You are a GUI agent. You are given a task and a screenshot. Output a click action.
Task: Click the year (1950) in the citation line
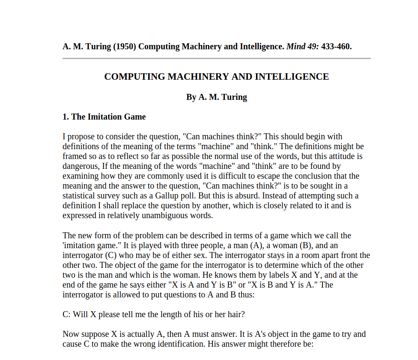pyautogui.click(x=125, y=46)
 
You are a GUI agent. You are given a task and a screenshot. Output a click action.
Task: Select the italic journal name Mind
pyautogui.click(x=296, y=46)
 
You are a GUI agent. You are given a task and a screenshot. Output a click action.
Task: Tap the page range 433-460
pyautogui.click(x=336, y=46)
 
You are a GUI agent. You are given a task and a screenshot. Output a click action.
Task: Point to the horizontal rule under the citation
pyautogui.click(x=216, y=58)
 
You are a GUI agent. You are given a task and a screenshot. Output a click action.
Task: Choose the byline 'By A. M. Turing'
pyautogui.click(x=216, y=97)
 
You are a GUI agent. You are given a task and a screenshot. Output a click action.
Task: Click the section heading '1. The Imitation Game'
pyautogui.click(x=104, y=117)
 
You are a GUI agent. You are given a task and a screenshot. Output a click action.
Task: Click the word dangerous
pyautogui.click(x=80, y=166)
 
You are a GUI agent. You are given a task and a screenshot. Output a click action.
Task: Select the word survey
pyautogui.click(x=110, y=196)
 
